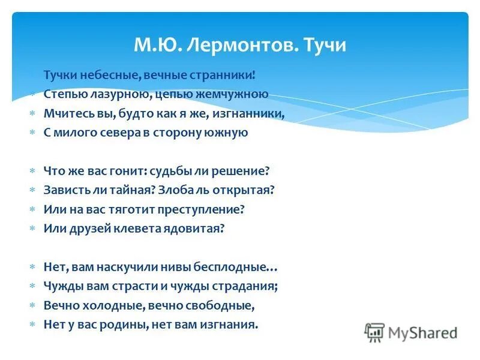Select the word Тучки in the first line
pyautogui.click(x=60, y=75)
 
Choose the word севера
pyautogui.click(x=119, y=133)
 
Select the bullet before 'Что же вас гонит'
pyautogui.click(x=33, y=171)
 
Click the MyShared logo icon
pyautogui.click(x=375, y=332)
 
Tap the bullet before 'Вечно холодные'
pyautogui.click(x=33, y=305)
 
